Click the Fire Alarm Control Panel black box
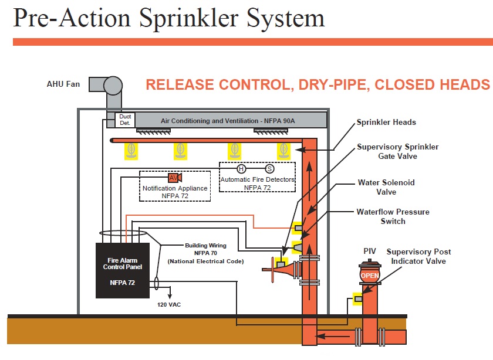click(122, 270)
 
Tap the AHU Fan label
click(63, 84)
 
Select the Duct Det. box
click(125, 120)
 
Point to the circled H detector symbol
click(241, 168)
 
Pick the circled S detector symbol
click(270, 168)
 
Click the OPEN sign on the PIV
click(369, 275)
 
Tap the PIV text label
click(369, 251)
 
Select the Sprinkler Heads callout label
click(386, 123)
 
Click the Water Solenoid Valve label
click(386, 187)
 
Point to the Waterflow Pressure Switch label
click(393, 216)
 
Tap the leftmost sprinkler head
click(131, 151)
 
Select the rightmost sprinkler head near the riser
click(284, 151)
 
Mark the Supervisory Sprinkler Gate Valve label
click(397, 151)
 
